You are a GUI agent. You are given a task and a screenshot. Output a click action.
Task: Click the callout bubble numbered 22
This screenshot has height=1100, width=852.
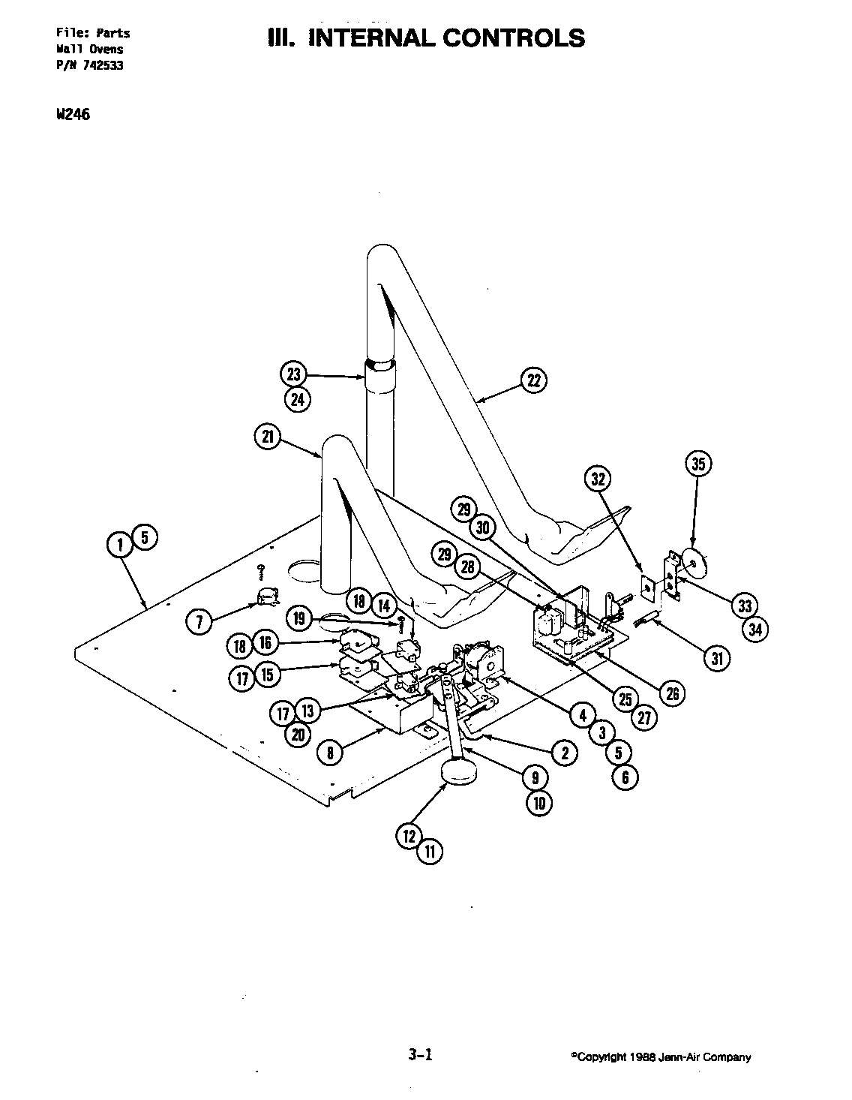(x=534, y=380)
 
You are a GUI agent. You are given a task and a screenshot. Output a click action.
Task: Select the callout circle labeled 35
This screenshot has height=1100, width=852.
(x=698, y=464)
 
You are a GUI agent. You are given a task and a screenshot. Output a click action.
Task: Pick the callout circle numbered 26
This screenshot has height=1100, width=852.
(x=672, y=693)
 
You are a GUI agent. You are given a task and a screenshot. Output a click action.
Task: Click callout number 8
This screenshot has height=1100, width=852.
(x=330, y=752)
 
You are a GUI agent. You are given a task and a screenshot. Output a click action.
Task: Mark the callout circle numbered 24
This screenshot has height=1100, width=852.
(x=298, y=399)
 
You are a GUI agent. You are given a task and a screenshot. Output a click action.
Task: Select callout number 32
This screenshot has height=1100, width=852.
(x=598, y=479)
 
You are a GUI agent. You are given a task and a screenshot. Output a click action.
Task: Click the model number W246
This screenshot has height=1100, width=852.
(x=73, y=115)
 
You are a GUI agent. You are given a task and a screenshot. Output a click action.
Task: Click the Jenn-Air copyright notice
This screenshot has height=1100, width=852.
(x=661, y=1057)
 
